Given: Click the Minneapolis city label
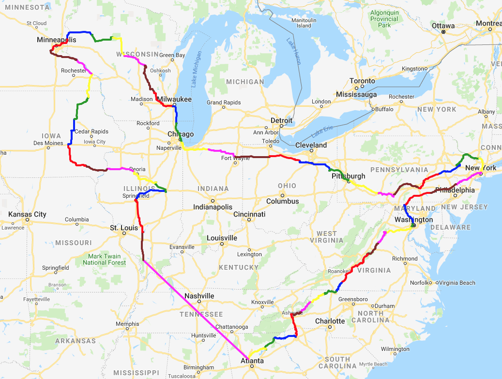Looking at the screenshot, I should click(56, 40).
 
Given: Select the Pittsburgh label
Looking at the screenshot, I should click(349, 175).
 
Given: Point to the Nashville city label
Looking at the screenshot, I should click(199, 296).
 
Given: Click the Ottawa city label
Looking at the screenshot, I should click(443, 26).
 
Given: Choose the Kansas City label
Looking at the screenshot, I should click(27, 214).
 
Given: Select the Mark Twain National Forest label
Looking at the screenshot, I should click(104, 259).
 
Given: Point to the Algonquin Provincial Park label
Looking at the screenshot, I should click(384, 19).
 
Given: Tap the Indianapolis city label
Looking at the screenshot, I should click(213, 207).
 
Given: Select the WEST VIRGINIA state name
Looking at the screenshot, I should click(327, 237).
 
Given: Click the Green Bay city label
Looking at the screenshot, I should click(172, 55).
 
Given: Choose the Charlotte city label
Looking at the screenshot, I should click(330, 321).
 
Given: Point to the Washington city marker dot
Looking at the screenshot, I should click(413, 225).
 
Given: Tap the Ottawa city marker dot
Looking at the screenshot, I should click(443, 32).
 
